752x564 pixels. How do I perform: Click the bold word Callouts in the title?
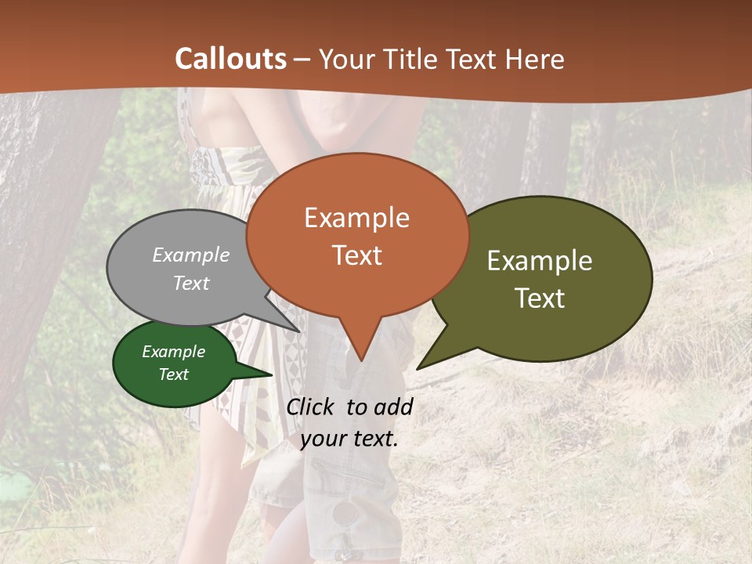click(x=230, y=59)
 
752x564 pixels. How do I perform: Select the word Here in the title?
click(x=535, y=59)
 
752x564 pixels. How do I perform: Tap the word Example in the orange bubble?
click(x=356, y=218)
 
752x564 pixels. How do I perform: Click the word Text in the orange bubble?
click(x=356, y=255)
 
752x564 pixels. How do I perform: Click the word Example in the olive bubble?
click(x=540, y=261)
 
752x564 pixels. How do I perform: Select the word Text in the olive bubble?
click(x=540, y=298)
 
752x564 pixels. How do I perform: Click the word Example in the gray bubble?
click(x=191, y=255)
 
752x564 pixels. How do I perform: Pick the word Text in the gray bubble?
click(x=191, y=283)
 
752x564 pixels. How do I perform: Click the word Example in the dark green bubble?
click(x=173, y=352)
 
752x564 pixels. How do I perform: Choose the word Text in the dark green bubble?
click(x=173, y=374)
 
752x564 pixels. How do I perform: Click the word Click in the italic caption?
click(x=311, y=407)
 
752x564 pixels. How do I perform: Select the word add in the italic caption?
click(x=392, y=407)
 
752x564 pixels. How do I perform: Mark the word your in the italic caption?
click(x=323, y=439)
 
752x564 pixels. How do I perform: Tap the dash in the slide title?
click(x=302, y=60)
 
